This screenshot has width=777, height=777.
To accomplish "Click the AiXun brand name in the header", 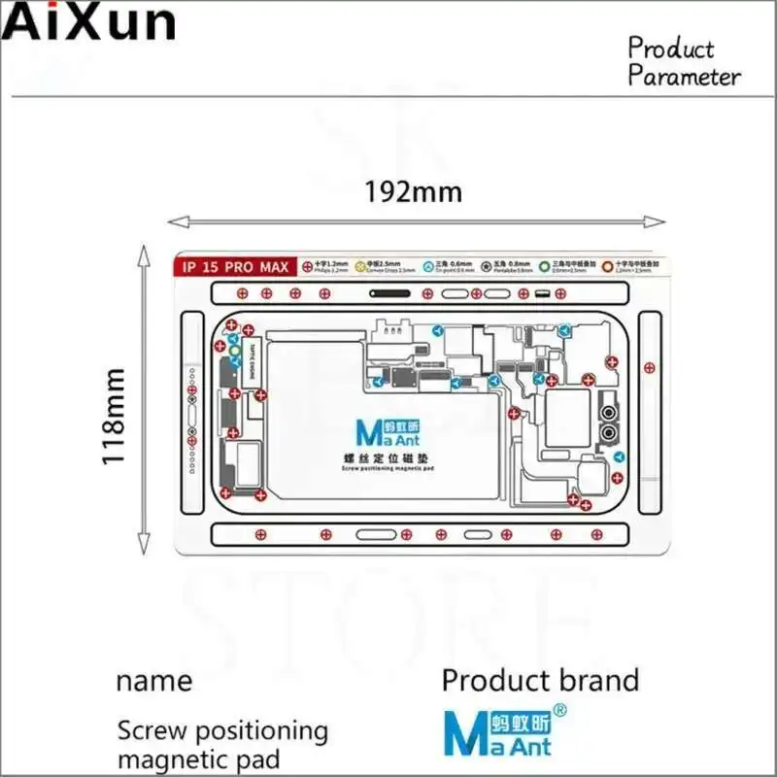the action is pos(89,21).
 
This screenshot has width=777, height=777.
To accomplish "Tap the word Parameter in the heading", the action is pos(684,77).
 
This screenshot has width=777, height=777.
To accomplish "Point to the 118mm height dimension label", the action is pos(118,416).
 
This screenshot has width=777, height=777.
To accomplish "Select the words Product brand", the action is pos(540,680).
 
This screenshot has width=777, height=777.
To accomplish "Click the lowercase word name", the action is pos(153,680).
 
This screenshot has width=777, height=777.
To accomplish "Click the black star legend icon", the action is pos(504,265).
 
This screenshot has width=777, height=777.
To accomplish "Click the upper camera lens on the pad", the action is pos(609,407).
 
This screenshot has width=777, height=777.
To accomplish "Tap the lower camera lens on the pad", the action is pos(609,429).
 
